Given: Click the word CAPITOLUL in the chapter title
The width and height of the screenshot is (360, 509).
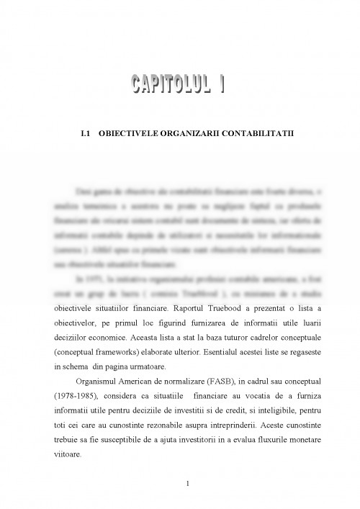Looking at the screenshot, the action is (163, 85).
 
